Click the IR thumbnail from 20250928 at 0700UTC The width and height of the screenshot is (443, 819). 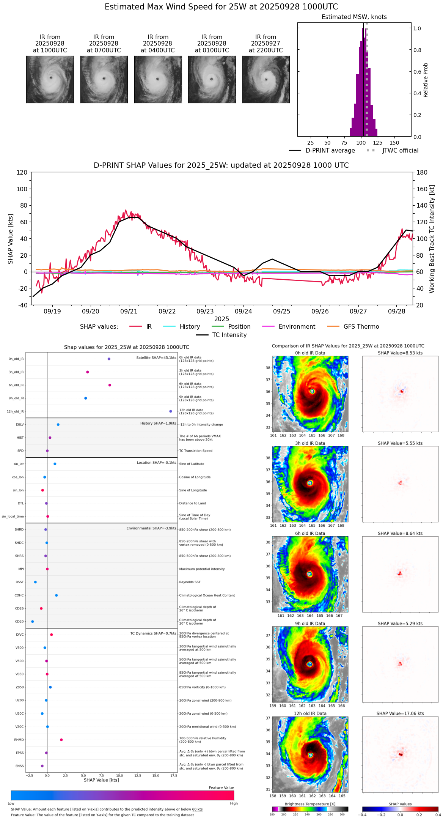coord(104,79)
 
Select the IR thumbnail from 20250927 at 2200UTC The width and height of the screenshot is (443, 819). coord(266,79)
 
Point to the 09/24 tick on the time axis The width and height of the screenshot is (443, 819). coord(243,311)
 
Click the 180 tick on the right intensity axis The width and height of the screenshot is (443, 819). coord(422,172)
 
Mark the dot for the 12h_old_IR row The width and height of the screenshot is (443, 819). coord(171,411)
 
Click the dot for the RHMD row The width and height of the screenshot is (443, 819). coord(61,740)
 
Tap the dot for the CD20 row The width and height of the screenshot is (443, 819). coord(33,622)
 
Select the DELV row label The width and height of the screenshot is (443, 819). coord(20,425)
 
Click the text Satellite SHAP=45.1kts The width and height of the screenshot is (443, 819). coord(156,358)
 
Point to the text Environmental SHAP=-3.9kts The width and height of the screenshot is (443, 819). coord(151,528)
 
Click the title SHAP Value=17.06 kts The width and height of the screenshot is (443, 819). coord(400,713)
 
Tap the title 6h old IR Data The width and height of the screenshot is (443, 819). coord(310,533)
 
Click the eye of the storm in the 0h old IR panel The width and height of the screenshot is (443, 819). coord(312,391)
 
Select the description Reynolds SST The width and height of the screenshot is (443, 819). coord(190,582)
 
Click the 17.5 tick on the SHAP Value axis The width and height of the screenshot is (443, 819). coord(174,776)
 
